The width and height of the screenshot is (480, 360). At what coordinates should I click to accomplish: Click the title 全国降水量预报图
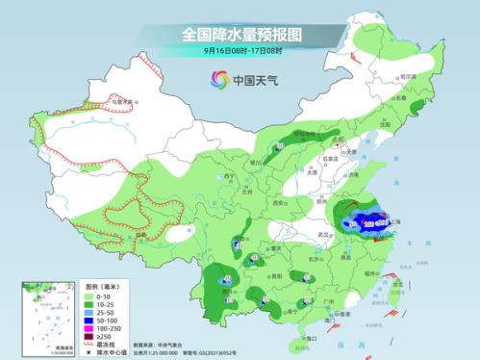point(241,34)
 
